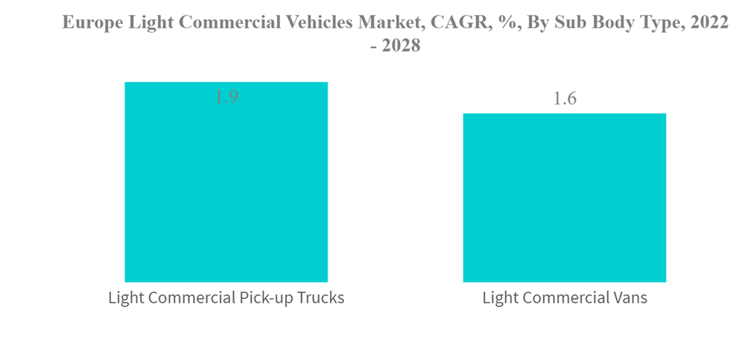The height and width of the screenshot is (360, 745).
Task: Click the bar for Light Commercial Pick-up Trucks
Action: [x=226, y=186]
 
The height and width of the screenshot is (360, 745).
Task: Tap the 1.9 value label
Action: [x=226, y=97]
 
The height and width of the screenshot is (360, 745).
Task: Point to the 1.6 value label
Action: [x=565, y=99]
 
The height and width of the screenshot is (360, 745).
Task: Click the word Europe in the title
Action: [x=89, y=23]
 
